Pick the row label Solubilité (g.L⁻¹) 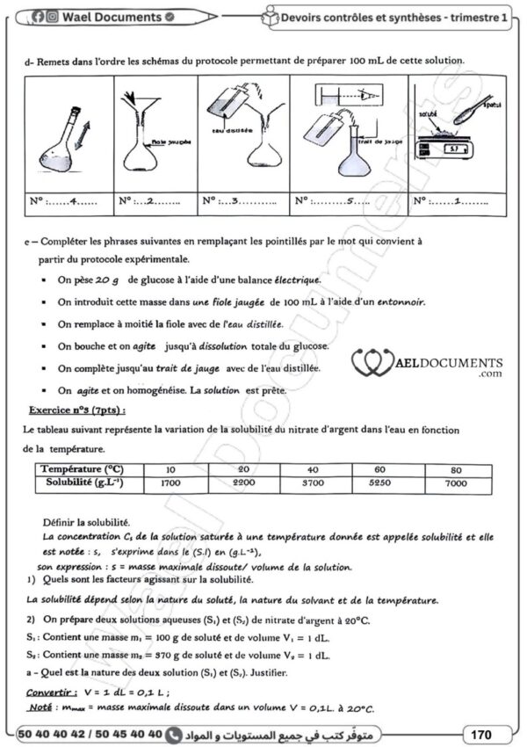(x=85, y=483)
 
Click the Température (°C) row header (x=85, y=470)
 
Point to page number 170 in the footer (x=480, y=732)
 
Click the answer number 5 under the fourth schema (x=351, y=201)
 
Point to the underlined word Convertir (x=50, y=693)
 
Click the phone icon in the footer (x=172, y=732)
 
